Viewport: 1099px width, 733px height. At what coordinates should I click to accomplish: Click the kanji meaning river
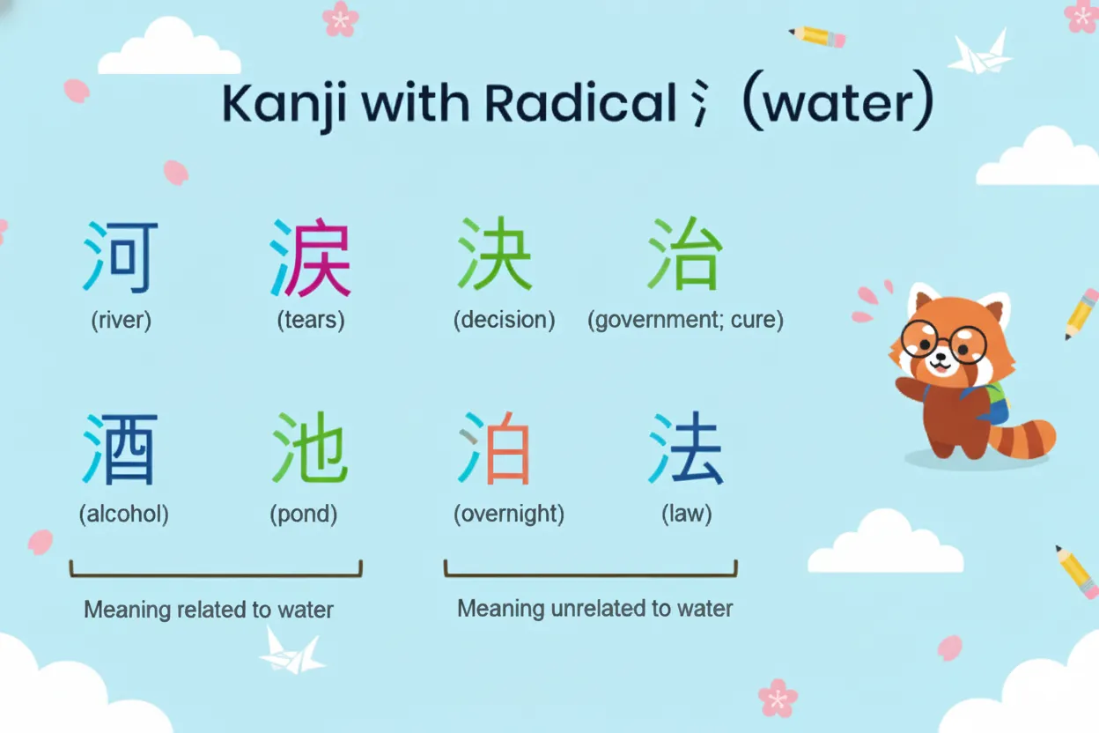point(122,258)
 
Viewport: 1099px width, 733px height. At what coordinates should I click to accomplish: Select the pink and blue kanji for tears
point(310,258)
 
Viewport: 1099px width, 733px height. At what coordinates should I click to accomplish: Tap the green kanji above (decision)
point(496,255)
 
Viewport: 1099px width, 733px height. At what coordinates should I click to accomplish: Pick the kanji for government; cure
point(685,255)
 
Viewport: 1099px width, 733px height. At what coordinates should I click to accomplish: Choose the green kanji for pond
point(310,449)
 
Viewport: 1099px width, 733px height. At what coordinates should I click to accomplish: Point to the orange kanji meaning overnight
point(496,451)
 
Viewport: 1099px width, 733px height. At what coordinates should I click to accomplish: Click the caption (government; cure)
point(685,319)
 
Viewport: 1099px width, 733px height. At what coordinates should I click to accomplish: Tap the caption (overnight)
point(508,514)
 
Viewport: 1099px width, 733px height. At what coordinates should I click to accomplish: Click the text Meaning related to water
point(209,609)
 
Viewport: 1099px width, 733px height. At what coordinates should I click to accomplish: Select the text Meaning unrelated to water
point(594,608)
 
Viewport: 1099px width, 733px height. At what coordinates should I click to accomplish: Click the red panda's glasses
point(944,342)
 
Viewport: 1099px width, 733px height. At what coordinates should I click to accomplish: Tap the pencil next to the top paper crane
point(818,36)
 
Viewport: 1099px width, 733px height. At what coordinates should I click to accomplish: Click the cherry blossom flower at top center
point(340,18)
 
